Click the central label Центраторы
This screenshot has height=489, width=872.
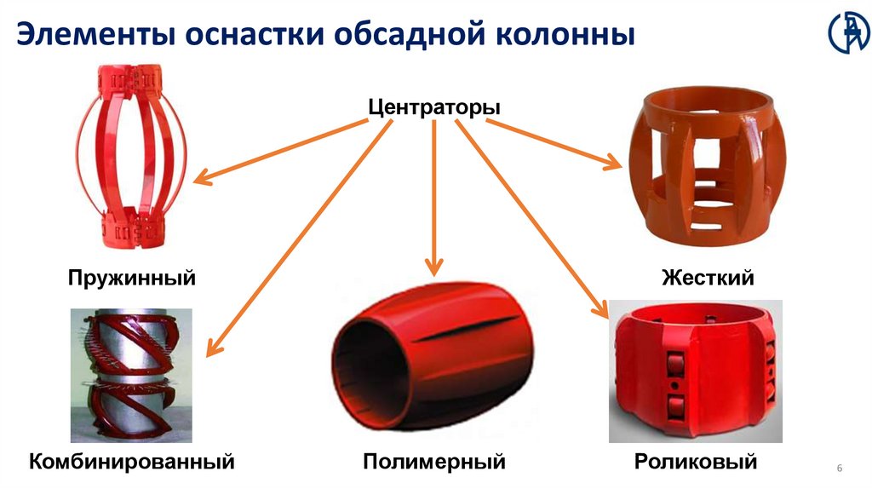pos(434,108)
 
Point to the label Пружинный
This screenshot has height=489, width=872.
pos(132,278)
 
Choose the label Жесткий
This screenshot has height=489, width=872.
pos(708,278)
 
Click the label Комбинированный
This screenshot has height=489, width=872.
pos(132,463)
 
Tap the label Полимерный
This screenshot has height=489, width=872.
pos(434,463)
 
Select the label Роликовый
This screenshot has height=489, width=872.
pos(696,463)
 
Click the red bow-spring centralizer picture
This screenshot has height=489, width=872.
pos(132,162)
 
